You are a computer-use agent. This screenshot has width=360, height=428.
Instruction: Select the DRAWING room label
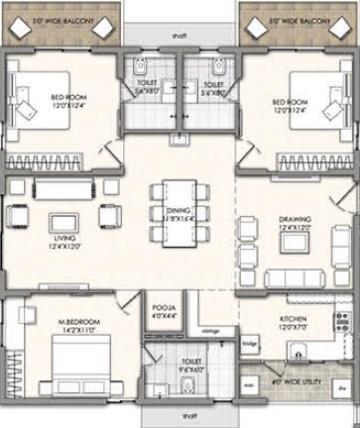pos(295,223)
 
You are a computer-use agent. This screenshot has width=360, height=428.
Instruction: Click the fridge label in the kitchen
pos(250,344)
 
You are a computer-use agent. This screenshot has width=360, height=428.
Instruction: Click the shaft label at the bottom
pos(179,417)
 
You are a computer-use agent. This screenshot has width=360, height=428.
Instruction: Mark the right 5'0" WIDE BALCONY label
pos(297,19)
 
